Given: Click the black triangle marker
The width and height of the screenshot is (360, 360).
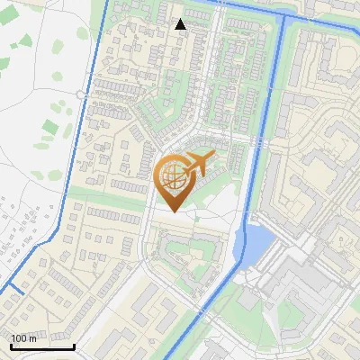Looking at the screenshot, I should tap(181, 24).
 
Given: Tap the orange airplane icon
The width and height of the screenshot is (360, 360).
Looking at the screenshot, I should tap(195, 164).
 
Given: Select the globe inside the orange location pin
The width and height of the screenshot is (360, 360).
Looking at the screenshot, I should tap(174, 177).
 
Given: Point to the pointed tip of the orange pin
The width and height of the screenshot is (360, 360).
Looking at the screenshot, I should tap(174, 211).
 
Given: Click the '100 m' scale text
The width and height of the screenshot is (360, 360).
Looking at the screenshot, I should tap(24, 338).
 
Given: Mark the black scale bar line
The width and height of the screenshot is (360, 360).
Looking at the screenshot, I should tap(42, 346).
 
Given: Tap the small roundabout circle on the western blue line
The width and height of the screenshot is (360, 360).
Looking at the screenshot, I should tap(81, 94).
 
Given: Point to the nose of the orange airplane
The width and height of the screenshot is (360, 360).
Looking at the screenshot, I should tap(212, 159).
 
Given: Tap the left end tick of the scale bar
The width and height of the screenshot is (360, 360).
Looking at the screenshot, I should tap(12, 346).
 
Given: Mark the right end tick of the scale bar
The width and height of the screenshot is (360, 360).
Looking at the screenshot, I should tap(74, 346).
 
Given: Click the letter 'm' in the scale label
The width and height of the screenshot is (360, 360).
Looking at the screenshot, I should tap(32, 339).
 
